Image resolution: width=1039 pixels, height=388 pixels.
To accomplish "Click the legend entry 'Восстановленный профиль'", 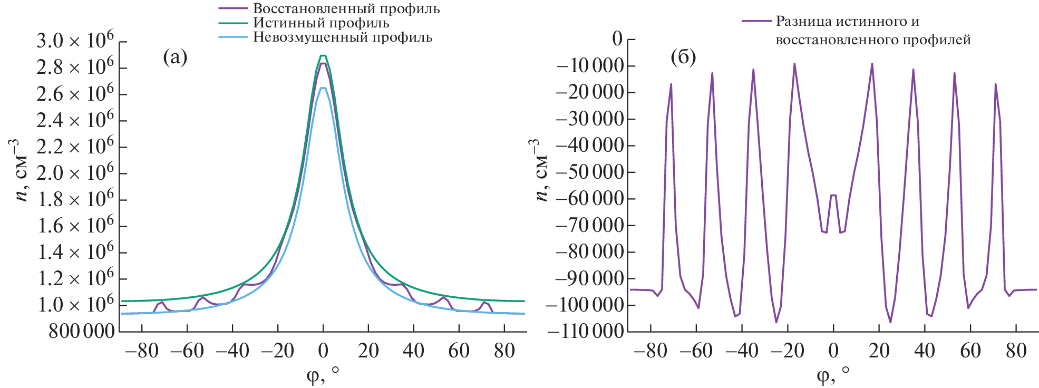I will [x=346, y=9].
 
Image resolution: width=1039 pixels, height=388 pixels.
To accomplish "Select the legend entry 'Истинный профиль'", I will [x=321, y=23].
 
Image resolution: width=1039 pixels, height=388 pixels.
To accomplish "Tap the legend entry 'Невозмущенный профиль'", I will [x=343, y=37].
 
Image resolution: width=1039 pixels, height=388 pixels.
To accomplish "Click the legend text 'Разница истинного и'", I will [x=847, y=22].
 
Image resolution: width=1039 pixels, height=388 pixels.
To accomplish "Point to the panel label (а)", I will [x=175, y=57].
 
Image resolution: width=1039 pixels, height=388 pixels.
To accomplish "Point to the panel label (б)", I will [x=683, y=57].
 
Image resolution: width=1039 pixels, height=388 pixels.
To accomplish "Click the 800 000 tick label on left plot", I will [x=81, y=332].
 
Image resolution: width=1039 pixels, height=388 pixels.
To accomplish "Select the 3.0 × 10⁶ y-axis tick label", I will [x=75, y=41].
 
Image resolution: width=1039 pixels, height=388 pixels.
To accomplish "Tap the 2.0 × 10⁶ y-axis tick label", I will [x=75, y=173].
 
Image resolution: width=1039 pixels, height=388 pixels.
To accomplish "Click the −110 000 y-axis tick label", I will [x=585, y=332].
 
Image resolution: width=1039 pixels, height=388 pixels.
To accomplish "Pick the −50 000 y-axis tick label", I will [x=589, y=172].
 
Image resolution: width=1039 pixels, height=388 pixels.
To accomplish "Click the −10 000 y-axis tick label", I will [x=589, y=66].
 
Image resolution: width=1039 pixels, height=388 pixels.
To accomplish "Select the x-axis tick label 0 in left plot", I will [x=323, y=351].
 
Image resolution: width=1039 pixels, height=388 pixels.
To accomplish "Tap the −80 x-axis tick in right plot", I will [x=650, y=351].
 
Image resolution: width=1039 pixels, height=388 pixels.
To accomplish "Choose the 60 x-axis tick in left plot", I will [x=459, y=351].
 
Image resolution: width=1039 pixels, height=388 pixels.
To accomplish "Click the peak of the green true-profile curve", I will [x=323, y=55].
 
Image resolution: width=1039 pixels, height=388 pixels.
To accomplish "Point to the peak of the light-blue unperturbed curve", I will [x=323, y=88].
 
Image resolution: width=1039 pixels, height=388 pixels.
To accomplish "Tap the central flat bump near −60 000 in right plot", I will [x=833, y=196].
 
